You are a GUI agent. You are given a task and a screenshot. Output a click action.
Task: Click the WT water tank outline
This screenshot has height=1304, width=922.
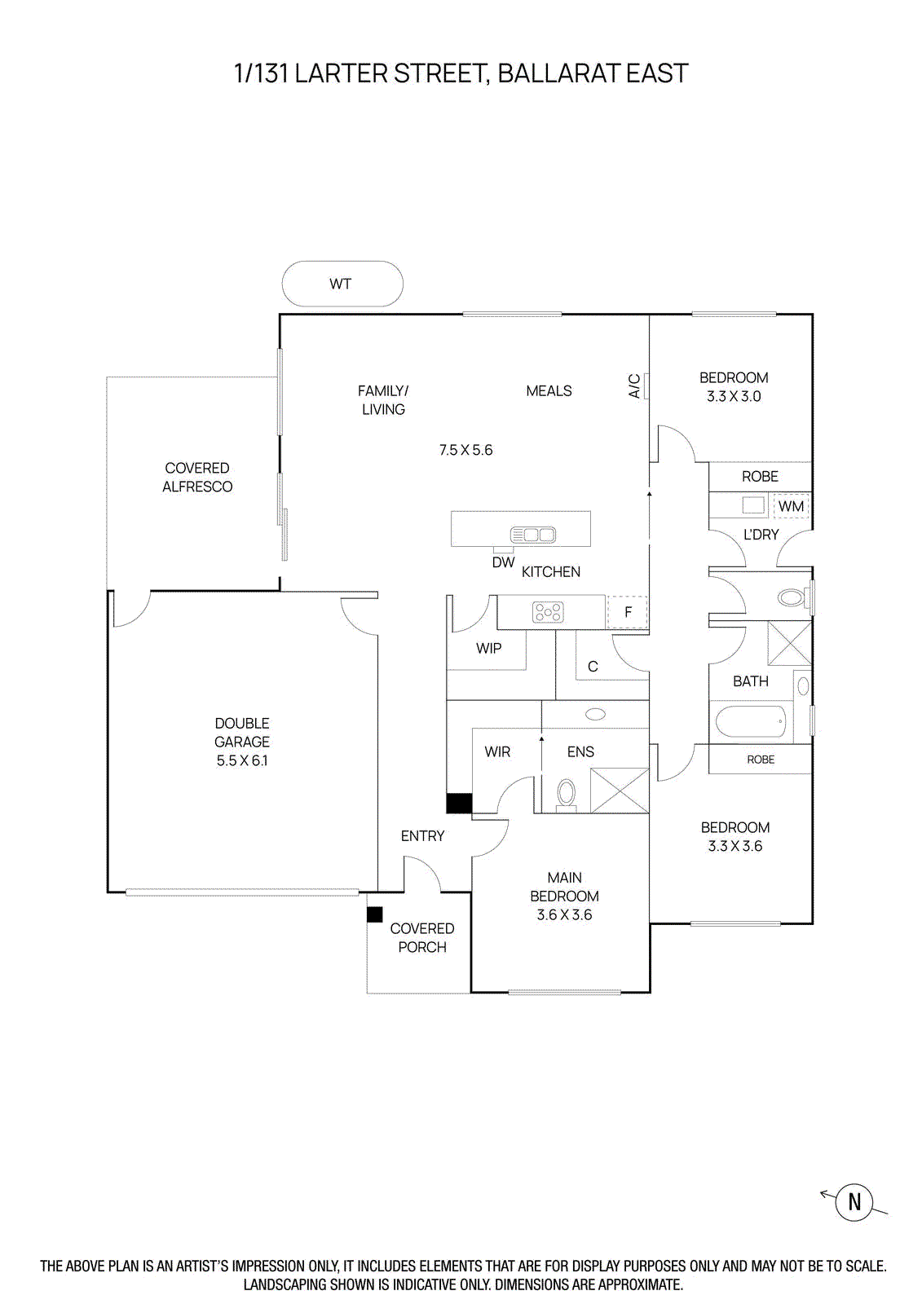click(342, 284)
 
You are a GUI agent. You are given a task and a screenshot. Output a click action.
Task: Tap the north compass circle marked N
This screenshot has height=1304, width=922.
click(854, 1202)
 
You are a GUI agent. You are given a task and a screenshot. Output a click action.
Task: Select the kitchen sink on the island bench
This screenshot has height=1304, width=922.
click(533, 535)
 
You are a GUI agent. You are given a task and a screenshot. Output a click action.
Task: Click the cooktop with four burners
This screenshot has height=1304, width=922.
click(548, 612)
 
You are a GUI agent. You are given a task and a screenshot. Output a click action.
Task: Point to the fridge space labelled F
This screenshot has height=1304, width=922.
click(628, 612)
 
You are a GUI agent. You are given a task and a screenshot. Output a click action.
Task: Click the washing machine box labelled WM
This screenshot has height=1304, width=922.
click(791, 506)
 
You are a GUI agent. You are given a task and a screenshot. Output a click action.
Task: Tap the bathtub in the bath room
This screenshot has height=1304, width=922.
click(751, 722)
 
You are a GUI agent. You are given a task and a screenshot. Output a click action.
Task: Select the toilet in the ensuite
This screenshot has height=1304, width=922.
click(566, 792)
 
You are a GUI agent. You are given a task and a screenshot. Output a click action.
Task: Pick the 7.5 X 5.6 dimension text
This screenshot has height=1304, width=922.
click(465, 450)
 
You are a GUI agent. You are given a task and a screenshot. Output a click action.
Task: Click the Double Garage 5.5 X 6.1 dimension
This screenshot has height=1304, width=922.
click(242, 760)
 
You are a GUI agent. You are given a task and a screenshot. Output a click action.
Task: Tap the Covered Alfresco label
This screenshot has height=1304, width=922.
click(197, 478)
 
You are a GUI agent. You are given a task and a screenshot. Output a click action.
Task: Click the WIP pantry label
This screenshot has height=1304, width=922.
click(489, 649)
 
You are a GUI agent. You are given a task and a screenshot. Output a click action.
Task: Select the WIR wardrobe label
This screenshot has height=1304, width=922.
click(497, 752)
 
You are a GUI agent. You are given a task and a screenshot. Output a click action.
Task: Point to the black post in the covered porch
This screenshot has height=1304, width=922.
click(374, 914)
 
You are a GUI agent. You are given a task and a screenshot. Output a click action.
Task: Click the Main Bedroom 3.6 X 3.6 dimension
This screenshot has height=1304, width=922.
click(564, 915)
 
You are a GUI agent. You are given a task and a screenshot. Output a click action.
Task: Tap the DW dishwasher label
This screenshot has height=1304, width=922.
click(503, 562)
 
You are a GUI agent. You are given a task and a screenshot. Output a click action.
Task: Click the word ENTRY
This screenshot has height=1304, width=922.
click(422, 836)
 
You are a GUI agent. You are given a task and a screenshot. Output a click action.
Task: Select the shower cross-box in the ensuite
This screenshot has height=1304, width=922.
click(620, 790)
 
